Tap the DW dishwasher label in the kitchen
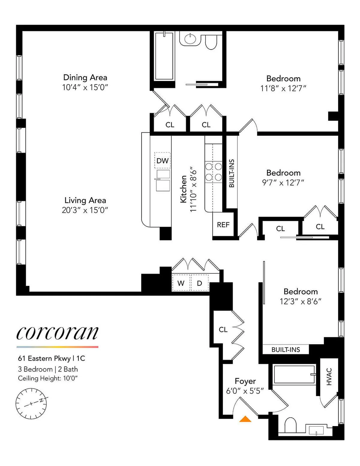pyautogui.click(x=162, y=161)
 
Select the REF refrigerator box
pyautogui.click(x=223, y=225)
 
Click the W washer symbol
pyautogui.click(x=181, y=283)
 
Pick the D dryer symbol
pyautogui.click(x=199, y=283)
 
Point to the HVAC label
pyautogui.click(x=329, y=377)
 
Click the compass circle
pyautogui.click(x=31, y=404)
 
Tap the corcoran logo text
pyautogui.click(x=57, y=333)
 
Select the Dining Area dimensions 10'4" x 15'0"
pyautogui.click(x=85, y=87)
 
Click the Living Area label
pyautogui.click(x=85, y=200)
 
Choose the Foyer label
pyautogui.click(x=245, y=381)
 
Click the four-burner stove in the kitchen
pyautogui.click(x=213, y=172)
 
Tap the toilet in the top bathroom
pyautogui.click(x=211, y=42)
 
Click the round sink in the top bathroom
pyautogui.click(x=190, y=39)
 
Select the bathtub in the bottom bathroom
pyautogui.click(x=294, y=374)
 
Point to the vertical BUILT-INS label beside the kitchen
pyautogui.click(x=232, y=173)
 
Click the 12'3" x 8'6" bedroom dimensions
pyautogui.click(x=300, y=301)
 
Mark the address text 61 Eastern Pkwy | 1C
pyautogui.click(x=51, y=358)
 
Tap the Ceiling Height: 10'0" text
pyautogui.click(x=48, y=378)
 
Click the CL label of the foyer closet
pyautogui.click(x=223, y=329)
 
